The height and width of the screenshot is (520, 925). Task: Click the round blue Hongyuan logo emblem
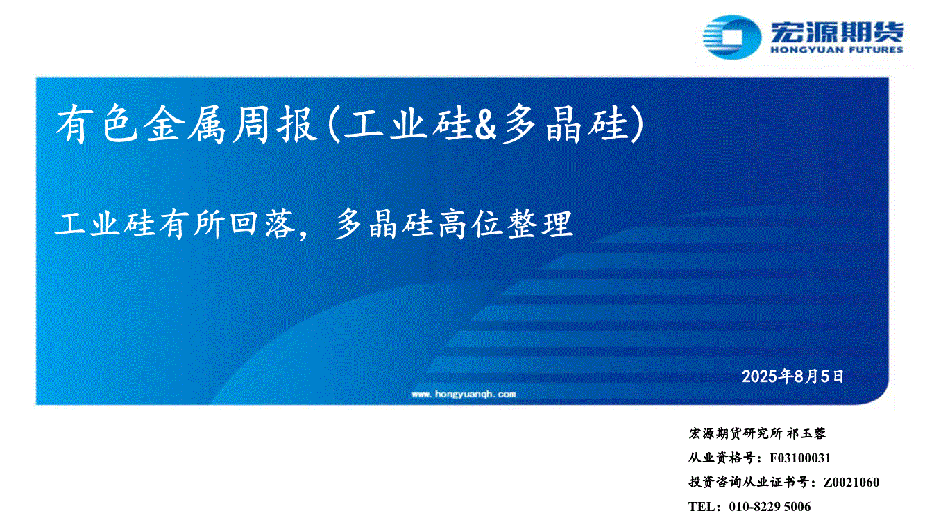(x=731, y=37)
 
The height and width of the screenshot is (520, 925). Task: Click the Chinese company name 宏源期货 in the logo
(x=837, y=32)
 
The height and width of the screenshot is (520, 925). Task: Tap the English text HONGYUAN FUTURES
(x=837, y=50)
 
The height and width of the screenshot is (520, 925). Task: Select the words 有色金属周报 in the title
(x=186, y=124)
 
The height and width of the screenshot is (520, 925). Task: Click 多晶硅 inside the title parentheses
(x=564, y=124)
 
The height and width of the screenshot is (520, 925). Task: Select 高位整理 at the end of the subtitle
(x=505, y=224)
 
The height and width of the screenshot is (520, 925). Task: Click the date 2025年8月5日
(x=792, y=376)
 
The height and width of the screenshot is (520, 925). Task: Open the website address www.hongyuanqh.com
(x=464, y=394)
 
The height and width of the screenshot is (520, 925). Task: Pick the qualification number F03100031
(x=800, y=458)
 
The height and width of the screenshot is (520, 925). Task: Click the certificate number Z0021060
(x=851, y=482)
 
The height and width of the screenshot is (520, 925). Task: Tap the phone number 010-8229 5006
(x=770, y=506)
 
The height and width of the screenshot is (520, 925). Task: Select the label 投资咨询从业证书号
(x=749, y=482)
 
